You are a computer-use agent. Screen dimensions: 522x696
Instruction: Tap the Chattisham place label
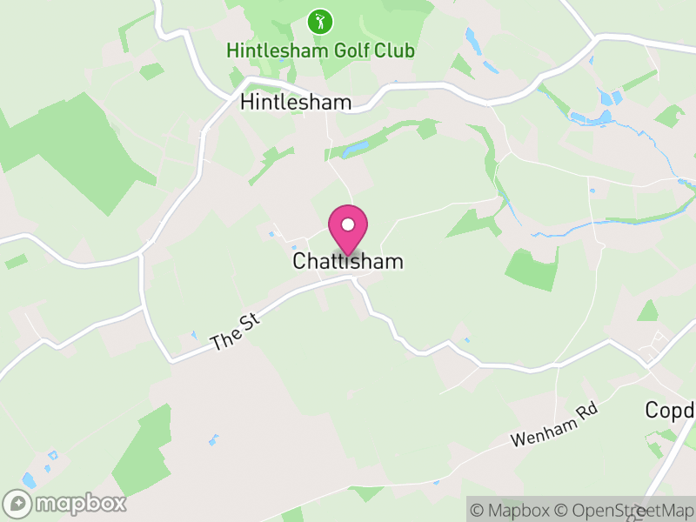(348, 261)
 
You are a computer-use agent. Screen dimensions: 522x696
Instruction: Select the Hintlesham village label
(296, 103)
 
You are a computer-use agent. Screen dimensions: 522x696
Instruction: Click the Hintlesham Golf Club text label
(320, 50)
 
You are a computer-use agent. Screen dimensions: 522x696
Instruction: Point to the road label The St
(236, 333)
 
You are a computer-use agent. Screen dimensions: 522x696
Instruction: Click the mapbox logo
(64, 503)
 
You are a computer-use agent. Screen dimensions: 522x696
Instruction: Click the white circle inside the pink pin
(348, 224)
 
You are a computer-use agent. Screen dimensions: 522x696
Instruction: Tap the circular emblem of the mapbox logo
(17, 503)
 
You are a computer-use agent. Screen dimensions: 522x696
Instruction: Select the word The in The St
(224, 340)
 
